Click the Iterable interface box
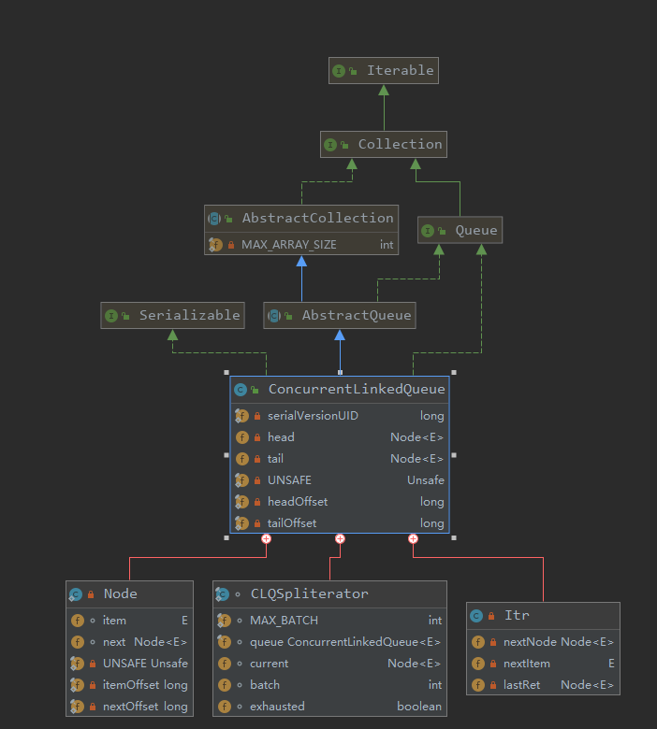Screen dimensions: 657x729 coord(384,71)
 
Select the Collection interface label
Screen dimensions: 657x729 coord(400,144)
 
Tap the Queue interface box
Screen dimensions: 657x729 coord(460,230)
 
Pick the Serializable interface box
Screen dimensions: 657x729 coord(173,315)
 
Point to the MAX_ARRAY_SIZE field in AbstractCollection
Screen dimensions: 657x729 coord(288,245)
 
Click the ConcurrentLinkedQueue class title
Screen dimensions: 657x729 coord(357,389)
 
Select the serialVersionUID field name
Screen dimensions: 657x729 coord(313,416)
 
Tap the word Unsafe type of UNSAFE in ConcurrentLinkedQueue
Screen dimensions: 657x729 coord(426,480)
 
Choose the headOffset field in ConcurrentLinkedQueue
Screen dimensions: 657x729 coord(298,502)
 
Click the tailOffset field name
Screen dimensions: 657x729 coord(292,523)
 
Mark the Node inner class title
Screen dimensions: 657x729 coord(121,593)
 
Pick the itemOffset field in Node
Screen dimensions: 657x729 coord(131,685)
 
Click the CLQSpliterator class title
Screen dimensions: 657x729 coord(310,593)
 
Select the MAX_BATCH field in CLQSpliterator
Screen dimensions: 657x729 coord(284,621)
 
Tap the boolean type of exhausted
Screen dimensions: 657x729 coord(419,707)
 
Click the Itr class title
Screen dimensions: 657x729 coord(518,616)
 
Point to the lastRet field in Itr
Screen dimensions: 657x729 coord(521,685)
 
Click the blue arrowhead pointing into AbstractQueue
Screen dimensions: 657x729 coord(340,335)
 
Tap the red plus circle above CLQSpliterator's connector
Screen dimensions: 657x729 coord(340,539)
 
